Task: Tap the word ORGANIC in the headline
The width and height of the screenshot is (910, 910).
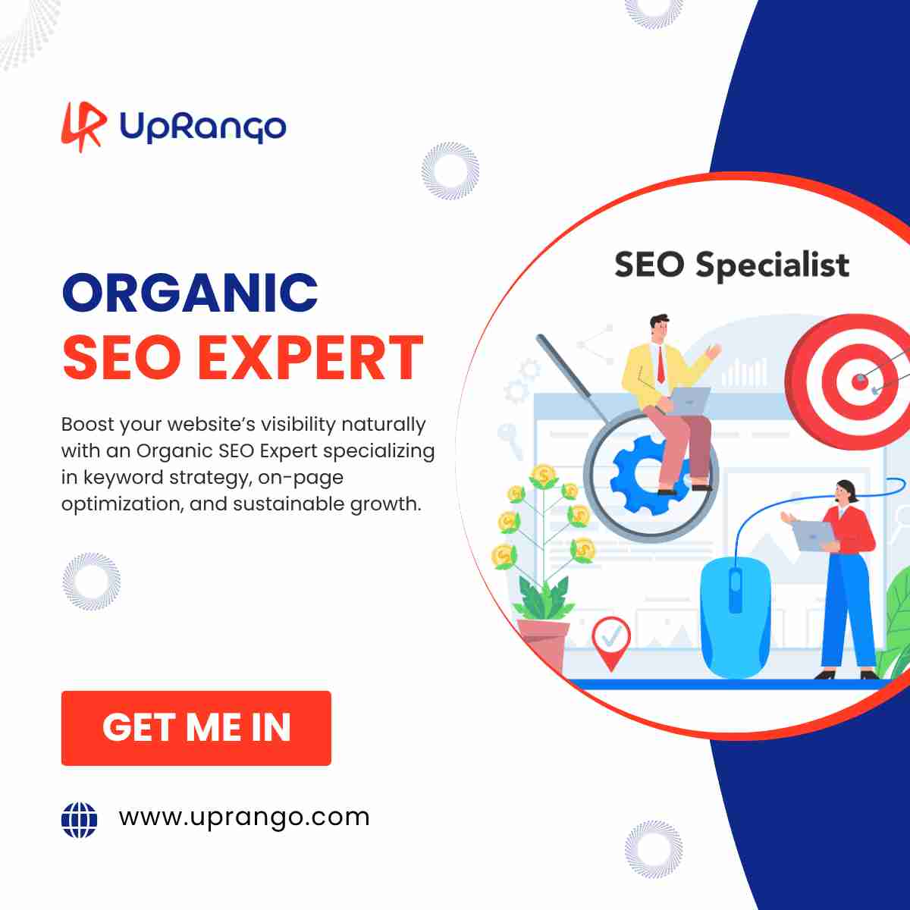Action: pos(190,293)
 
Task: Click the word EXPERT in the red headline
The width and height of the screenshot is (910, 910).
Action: pos(310,357)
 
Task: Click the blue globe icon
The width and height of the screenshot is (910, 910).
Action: pos(80,820)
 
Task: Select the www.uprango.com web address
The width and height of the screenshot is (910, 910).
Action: pos(244,818)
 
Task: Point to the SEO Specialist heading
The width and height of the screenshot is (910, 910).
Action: pos(732,265)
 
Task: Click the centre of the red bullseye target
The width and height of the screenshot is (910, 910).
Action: pos(860,381)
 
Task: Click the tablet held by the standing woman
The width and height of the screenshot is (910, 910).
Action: pos(813,536)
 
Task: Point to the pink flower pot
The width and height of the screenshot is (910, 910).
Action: pos(543,643)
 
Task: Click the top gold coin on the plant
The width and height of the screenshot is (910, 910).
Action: pos(544,475)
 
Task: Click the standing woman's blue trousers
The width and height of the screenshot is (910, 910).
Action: pos(848,611)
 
